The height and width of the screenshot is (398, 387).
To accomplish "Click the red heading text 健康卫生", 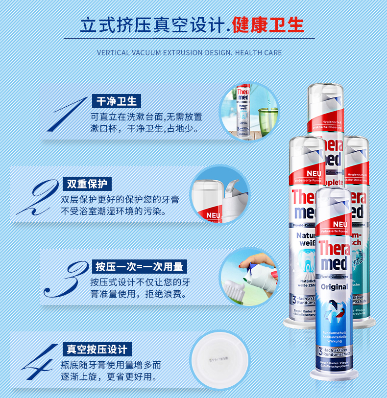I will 268,25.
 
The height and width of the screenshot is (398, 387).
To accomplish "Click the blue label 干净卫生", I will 117,101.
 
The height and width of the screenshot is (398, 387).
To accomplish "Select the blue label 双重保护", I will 87,184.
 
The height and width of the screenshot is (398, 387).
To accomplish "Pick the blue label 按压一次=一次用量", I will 139,266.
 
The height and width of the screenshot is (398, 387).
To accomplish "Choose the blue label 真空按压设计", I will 97,349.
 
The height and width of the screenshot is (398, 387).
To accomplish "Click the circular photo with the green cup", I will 248,112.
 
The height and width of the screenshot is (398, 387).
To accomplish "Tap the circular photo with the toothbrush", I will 248,277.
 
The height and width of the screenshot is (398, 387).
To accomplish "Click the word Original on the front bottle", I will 334,286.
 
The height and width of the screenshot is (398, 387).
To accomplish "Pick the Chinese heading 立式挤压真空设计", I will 152,25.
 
